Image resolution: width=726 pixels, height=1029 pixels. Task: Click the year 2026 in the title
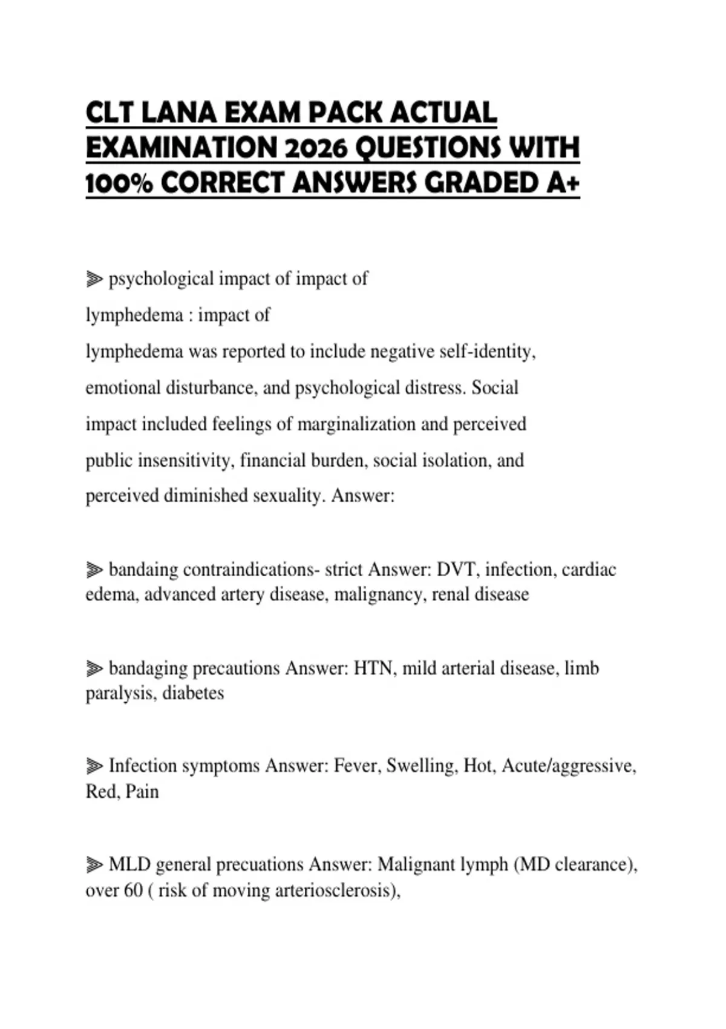pyautogui.click(x=315, y=148)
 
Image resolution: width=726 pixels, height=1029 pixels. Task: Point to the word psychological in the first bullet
pyautogui.click(x=161, y=279)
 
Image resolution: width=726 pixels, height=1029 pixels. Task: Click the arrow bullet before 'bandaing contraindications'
pyautogui.click(x=94, y=570)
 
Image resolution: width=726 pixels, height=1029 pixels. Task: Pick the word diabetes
pyautogui.click(x=193, y=693)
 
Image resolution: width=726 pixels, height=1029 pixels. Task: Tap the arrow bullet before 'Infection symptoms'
pyautogui.click(x=94, y=766)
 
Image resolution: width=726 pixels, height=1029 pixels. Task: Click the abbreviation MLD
pyautogui.click(x=129, y=864)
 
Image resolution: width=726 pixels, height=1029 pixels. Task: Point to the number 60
pyautogui.click(x=133, y=890)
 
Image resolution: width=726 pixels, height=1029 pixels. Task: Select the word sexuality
pyautogui.click(x=289, y=496)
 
